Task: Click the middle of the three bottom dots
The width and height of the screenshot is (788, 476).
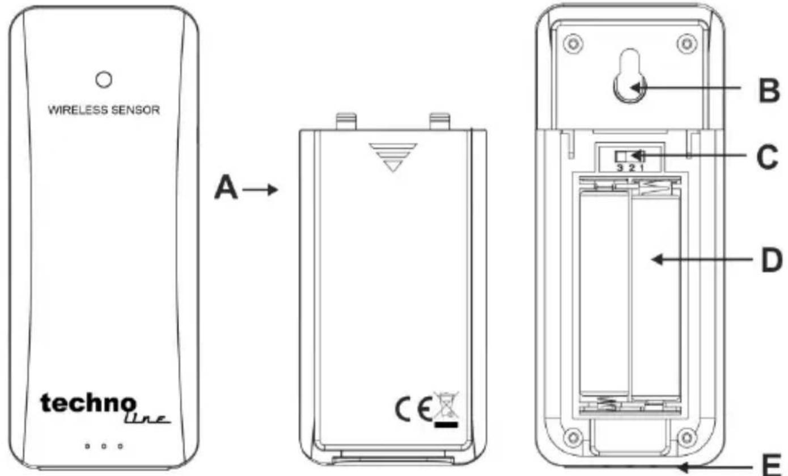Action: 104,446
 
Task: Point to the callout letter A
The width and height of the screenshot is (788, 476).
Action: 226,188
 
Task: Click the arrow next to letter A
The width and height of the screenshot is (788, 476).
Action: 260,190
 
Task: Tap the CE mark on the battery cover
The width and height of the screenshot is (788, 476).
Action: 413,409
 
